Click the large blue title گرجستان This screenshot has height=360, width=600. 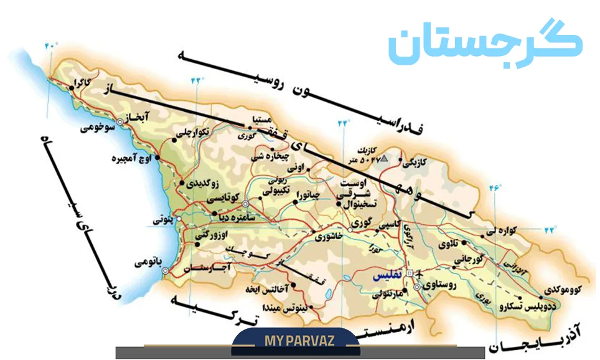point(485,45)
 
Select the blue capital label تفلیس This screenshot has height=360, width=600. point(387,275)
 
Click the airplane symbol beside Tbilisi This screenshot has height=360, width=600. point(418,273)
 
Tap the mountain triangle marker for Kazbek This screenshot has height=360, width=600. point(384,159)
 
